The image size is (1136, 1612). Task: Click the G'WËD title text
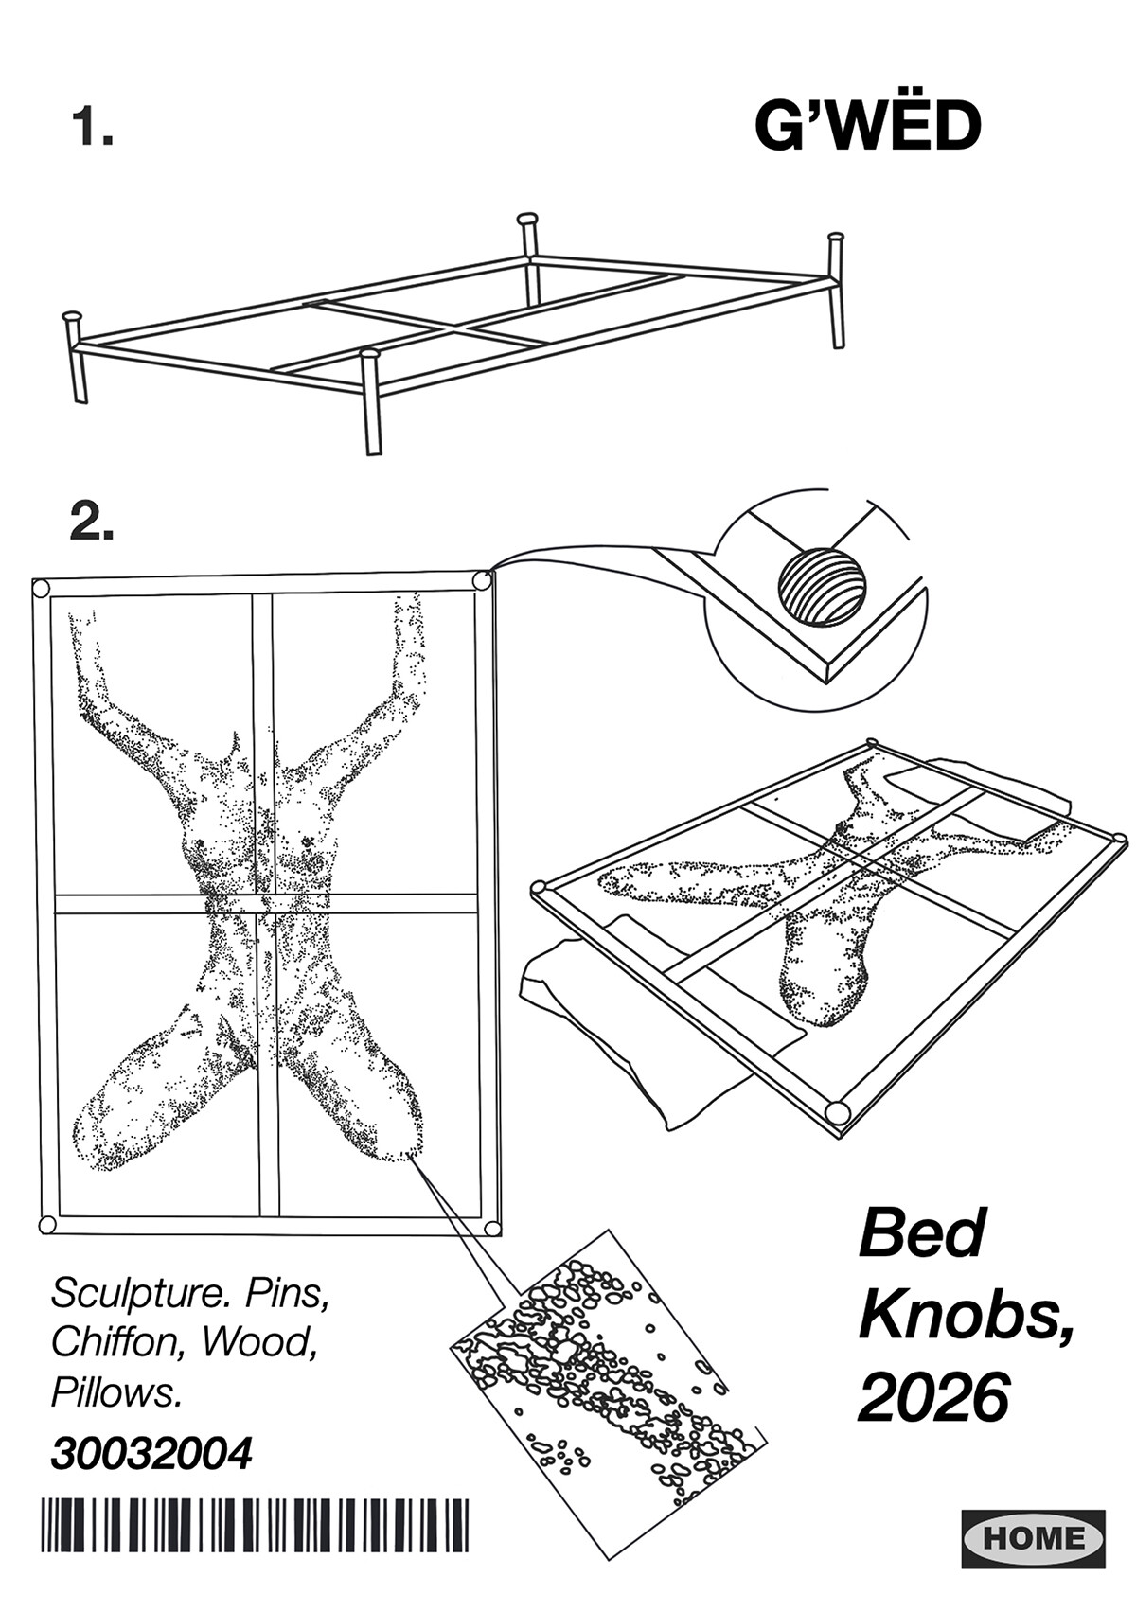[x=867, y=125]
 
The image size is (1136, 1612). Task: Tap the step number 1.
[x=92, y=127]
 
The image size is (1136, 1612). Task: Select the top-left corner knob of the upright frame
[x=41, y=590]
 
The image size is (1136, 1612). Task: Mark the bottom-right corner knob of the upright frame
[x=492, y=1228]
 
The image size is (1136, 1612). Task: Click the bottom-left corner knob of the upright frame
[x=46, y=1226]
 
